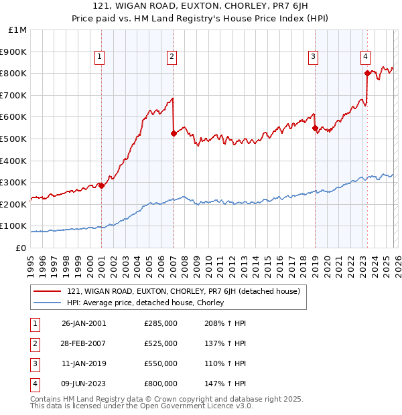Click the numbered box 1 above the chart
click(99, 58)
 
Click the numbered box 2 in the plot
click(172, 58)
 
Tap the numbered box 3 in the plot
click(313, 58)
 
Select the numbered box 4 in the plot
click(366, 58)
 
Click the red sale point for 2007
click(174, 133)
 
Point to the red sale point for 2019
click(315, 128)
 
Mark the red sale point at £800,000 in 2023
click(367, 73)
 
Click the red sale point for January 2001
click(101, 185)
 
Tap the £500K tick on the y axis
click(13, 139)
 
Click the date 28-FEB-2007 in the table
click(84, 343)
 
